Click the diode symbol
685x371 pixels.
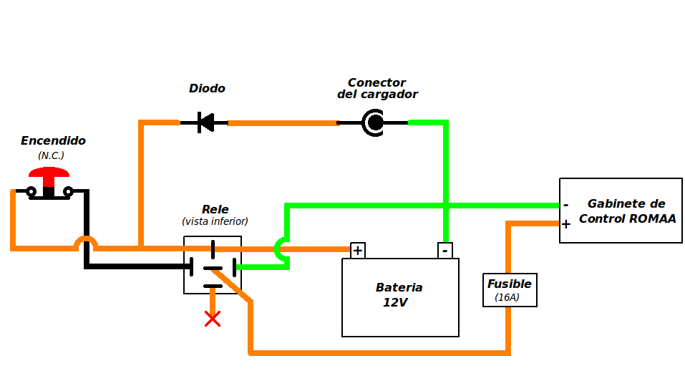205,122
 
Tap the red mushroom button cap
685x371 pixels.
49,173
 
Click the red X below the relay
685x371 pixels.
213,319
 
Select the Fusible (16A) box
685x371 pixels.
510,290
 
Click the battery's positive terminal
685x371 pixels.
358,251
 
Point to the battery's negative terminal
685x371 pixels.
445,251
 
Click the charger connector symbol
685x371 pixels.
373,122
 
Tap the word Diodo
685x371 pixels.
207,88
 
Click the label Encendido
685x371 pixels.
53,140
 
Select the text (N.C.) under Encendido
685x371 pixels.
51,155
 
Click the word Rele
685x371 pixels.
215,209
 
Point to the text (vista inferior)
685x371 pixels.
215,221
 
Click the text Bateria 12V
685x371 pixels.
399,295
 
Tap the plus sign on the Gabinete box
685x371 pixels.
566,224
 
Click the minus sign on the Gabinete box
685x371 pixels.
566,205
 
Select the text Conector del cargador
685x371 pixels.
377,88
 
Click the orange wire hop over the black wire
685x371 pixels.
86,242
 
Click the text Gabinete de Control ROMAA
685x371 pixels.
627,211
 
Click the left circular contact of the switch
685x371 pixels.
31,191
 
